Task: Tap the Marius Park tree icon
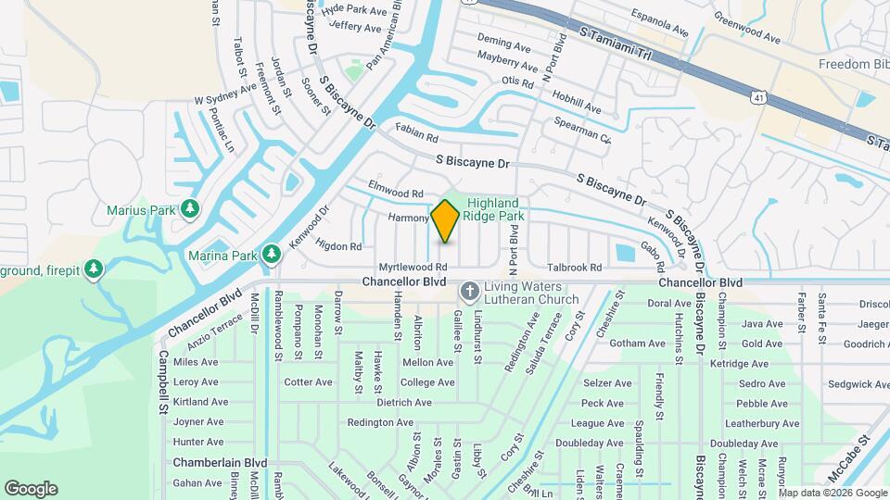[x=189, y=209]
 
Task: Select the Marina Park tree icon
[x=272, y=253]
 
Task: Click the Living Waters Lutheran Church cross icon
[x=470, y=293]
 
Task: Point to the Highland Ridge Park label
[x=496, y=209]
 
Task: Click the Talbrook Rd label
[x=575, y=267]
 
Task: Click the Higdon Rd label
[x=338, y=246]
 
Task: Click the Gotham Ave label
[x=638, y=344]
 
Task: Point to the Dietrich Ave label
[x=403, y=403]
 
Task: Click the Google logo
[x=31, y=488]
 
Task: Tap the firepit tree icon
[x=93, y=269]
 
